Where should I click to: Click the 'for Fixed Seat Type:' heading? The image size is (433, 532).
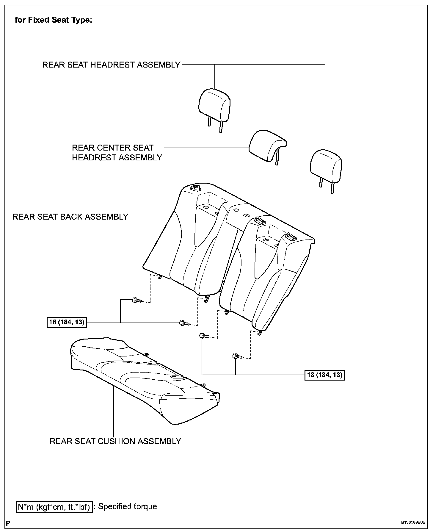coord(54,21)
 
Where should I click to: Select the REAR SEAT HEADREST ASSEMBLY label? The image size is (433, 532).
coord(111,65)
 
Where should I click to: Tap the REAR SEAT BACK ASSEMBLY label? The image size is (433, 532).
coord(70,217)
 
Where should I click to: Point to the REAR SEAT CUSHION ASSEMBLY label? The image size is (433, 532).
coord(115,441)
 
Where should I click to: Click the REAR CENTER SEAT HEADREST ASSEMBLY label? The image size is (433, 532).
coord(117,153)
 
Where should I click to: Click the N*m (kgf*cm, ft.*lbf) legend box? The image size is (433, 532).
coord(54,506)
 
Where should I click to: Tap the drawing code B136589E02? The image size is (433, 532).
coord(413,522)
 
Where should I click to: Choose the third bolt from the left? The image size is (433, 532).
coord(204,336)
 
